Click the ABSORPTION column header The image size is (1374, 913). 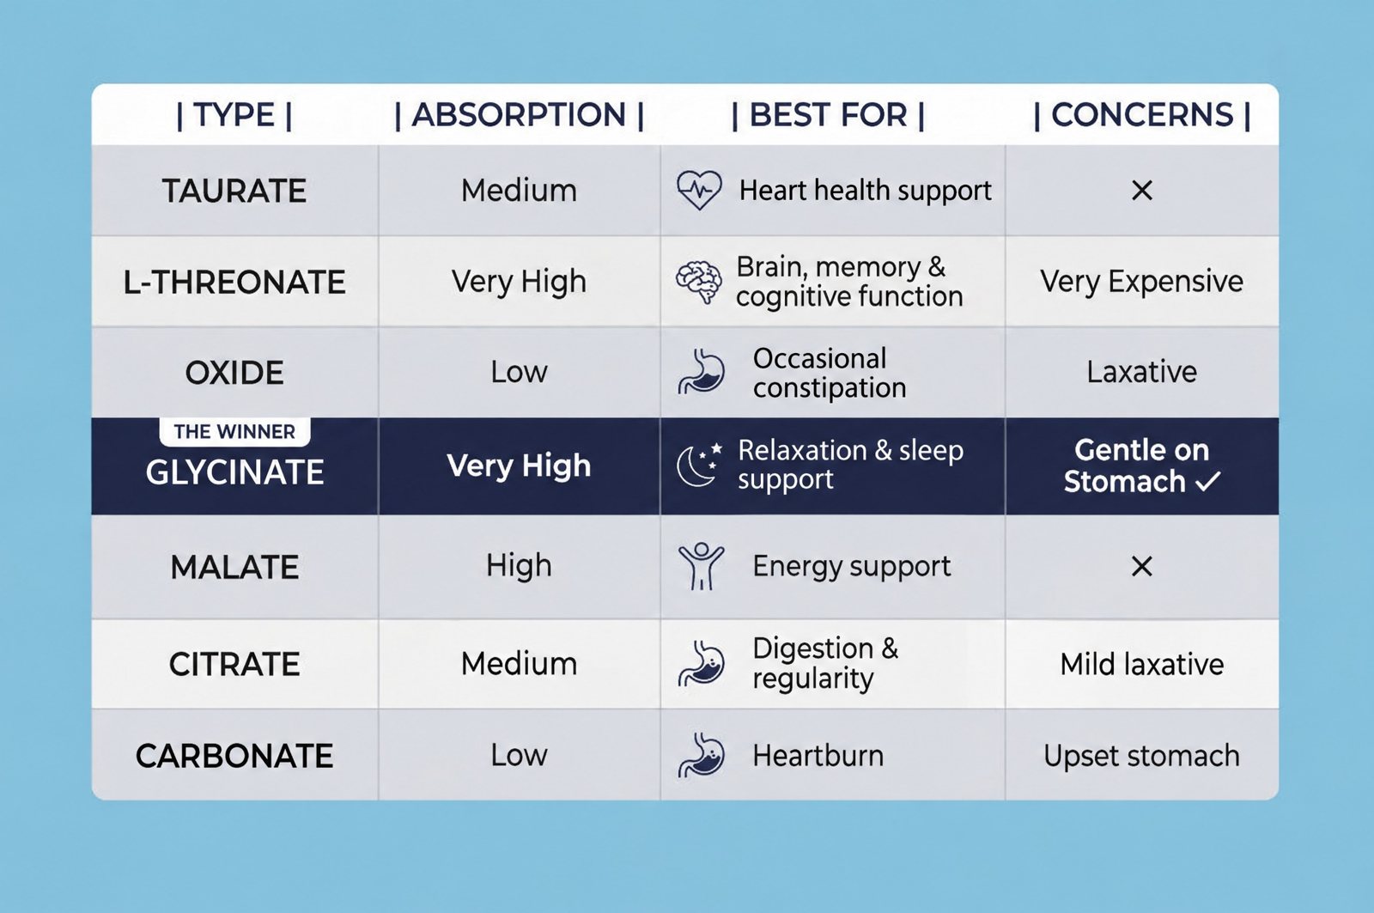pos(519,115)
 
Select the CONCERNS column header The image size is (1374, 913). pos(1141,115)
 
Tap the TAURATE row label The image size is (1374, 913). pos(234,191)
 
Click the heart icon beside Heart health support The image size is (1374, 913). pos(699,190)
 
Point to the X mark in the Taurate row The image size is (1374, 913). pos(1141,190)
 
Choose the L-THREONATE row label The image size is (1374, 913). pos(234,283)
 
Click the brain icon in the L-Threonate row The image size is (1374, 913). pos(699,282)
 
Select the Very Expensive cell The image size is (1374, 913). pos(1141,283)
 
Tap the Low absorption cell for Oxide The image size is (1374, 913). pos(519,372)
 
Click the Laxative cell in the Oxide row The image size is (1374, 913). pos(1141,372)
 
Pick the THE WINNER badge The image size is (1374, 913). pos(234,432)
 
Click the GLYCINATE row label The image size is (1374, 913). pos(234,472)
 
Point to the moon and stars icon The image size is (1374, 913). pos(699,465)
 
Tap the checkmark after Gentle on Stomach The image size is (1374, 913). pos(1208,481)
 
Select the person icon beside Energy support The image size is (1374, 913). pos(701,566)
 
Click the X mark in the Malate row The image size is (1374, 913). pos(1141,566)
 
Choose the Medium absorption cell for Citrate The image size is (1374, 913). pos(519,664)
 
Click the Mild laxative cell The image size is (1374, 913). pos(1141,665)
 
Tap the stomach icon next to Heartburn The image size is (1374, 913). pos(701,755)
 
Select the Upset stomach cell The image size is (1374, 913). pos(1141,756)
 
